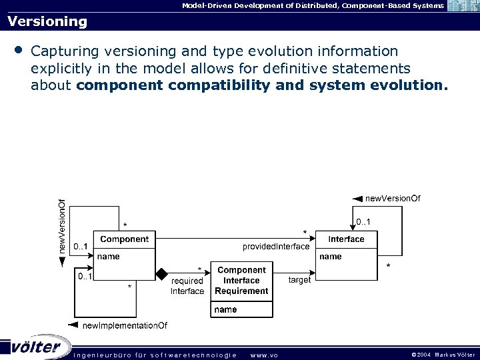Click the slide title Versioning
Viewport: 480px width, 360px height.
tap(47, 21)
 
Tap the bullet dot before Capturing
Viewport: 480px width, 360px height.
tap(18, 51)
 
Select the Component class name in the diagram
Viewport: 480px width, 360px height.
tap(124, 239)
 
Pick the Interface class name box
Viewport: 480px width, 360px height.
tap(347, 239)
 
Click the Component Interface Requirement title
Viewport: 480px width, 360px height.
tap(241, 281)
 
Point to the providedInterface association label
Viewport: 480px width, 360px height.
tap(276, 247)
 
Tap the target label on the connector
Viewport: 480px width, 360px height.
tap(299, 280)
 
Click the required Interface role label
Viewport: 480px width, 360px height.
tap(187, 286)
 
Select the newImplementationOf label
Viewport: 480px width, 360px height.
tap(125, 325)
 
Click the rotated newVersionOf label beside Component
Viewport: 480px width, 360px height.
tap(62, 225)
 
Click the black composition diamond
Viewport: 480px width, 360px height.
tap(161, 273)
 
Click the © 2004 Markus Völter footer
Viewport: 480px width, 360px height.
tap(443, 354)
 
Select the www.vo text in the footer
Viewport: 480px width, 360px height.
tap(264, 354)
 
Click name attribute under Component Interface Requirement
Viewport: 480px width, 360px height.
tap(226, 309)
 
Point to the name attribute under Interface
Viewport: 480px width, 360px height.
tap(331, 256)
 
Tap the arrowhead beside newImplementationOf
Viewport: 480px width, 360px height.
tap(73, 325)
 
